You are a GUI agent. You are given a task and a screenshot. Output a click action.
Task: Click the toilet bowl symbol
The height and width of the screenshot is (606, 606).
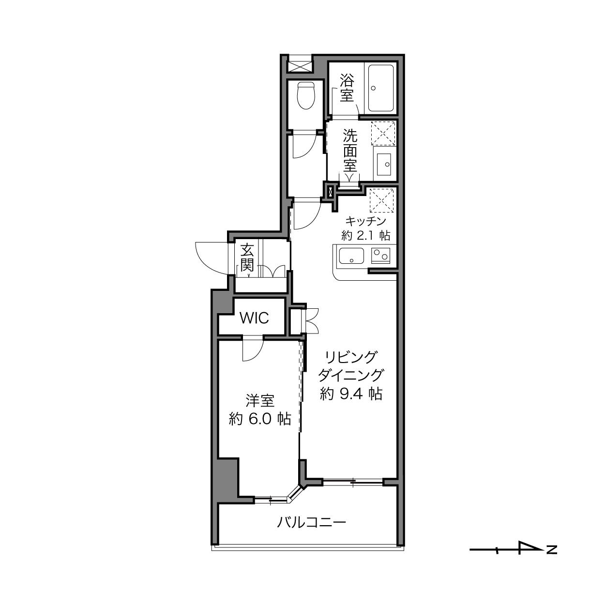[x=306, y=95]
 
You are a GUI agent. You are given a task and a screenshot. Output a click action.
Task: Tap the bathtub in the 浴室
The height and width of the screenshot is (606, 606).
[x=380, y=88]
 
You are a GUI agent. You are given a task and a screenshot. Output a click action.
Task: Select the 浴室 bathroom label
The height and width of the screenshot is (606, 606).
[x=347, y=88]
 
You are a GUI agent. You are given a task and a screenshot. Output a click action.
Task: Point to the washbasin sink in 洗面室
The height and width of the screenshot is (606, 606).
[x=384, y=165]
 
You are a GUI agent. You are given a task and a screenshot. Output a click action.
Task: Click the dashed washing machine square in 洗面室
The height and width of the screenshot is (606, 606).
[x=383, y=133]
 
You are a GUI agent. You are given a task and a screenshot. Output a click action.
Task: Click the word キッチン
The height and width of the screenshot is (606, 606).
[x=366, y=221]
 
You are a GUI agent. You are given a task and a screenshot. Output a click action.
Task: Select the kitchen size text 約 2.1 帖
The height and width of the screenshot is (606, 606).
[x=366, y=235]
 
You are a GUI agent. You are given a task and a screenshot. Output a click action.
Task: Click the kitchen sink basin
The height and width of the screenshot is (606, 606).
[x=351, y=256]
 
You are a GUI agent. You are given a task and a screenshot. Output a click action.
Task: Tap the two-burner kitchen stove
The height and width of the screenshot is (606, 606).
[x=380, y=256]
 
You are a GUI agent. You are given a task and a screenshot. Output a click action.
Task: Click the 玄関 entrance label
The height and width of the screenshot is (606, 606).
[x=247, y=258]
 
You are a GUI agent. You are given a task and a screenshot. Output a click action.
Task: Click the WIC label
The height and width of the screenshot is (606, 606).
[x=254, y=318]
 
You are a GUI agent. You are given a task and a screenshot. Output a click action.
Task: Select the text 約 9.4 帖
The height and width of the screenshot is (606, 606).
[x=351, y=394]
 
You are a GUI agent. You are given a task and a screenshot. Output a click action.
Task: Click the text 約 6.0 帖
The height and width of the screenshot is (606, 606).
[x=260, y=419]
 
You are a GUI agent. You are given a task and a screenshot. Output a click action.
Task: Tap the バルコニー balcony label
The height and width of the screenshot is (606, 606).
[x=311, y=522]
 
